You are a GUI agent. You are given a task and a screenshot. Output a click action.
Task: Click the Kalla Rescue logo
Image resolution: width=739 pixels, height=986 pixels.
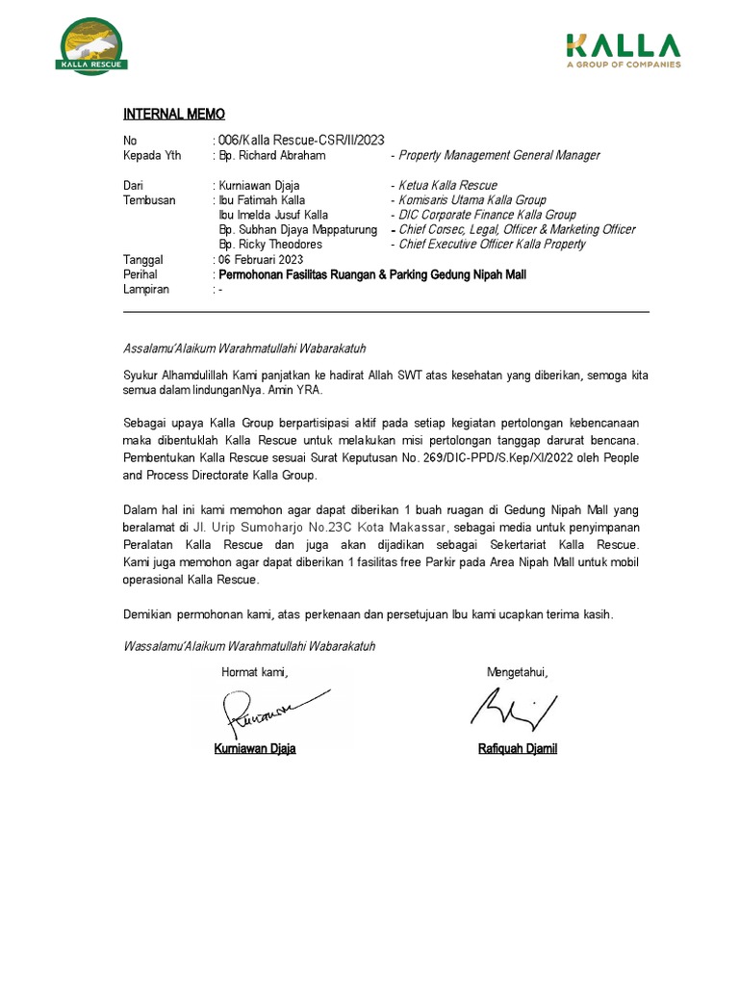93,46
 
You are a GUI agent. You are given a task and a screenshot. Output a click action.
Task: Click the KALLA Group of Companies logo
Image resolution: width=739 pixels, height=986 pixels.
623,50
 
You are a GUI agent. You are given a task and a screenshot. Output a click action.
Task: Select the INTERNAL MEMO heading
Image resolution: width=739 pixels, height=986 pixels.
174,115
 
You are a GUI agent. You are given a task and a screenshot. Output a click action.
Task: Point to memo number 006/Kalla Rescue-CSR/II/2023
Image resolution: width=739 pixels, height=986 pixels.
302,141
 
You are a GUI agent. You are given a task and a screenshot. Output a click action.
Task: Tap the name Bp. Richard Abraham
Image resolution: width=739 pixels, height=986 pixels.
272,155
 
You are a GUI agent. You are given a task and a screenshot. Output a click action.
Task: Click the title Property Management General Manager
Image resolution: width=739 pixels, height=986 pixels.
498,155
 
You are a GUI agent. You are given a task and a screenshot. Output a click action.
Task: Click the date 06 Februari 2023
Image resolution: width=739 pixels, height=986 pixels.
261,260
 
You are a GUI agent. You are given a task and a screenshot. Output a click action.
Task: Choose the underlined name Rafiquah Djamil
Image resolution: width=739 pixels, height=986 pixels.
518,749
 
